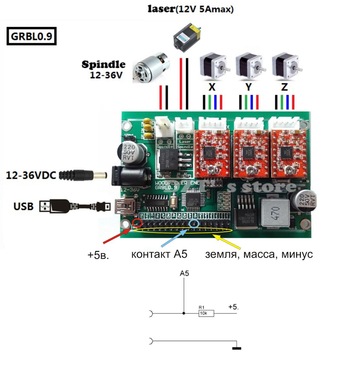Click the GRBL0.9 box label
point(31,37)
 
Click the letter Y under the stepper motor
point(248,87)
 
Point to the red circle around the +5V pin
point(137,223)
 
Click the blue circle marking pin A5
point(194,224)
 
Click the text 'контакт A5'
point(159,254)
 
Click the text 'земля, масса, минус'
point(259,254)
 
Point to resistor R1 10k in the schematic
point(206,313)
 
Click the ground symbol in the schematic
point(237,348)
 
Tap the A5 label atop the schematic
point(184,274)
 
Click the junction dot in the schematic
point(184,313)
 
